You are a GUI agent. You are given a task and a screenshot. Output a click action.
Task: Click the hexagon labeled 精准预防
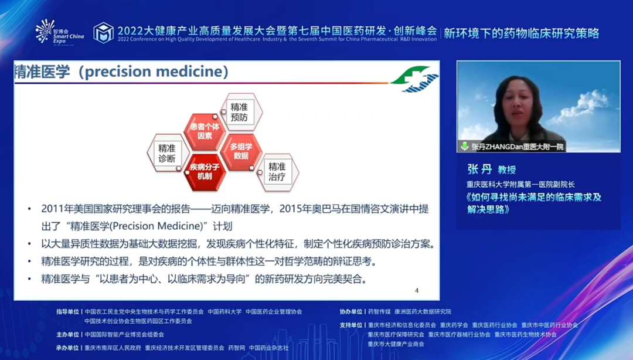241,112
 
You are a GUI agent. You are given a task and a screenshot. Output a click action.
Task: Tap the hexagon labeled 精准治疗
278,172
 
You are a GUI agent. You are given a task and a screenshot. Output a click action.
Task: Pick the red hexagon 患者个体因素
205,132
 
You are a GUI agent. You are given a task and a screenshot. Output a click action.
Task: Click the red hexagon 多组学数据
241,151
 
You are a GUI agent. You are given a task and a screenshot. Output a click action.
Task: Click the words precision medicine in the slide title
154,72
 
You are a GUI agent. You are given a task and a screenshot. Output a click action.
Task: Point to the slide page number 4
417,290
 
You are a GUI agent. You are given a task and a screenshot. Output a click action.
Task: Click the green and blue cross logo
414,78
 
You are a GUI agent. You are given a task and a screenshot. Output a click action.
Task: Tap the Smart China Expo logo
59,32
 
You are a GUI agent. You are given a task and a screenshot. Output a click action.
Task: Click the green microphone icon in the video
464,146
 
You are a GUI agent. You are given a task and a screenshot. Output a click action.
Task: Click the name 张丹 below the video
479,169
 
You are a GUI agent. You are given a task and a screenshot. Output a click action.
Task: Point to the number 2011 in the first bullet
53,209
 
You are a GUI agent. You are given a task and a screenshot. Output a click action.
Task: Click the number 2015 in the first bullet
291,209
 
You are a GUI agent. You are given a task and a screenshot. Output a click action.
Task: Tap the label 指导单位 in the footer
68,311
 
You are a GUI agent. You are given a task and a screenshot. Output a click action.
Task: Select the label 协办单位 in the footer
351,311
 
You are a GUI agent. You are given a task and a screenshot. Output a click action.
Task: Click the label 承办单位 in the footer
67,348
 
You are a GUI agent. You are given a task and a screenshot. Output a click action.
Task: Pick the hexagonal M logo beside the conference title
103,33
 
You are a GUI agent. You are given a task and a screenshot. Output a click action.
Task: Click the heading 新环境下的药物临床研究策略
522,33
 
